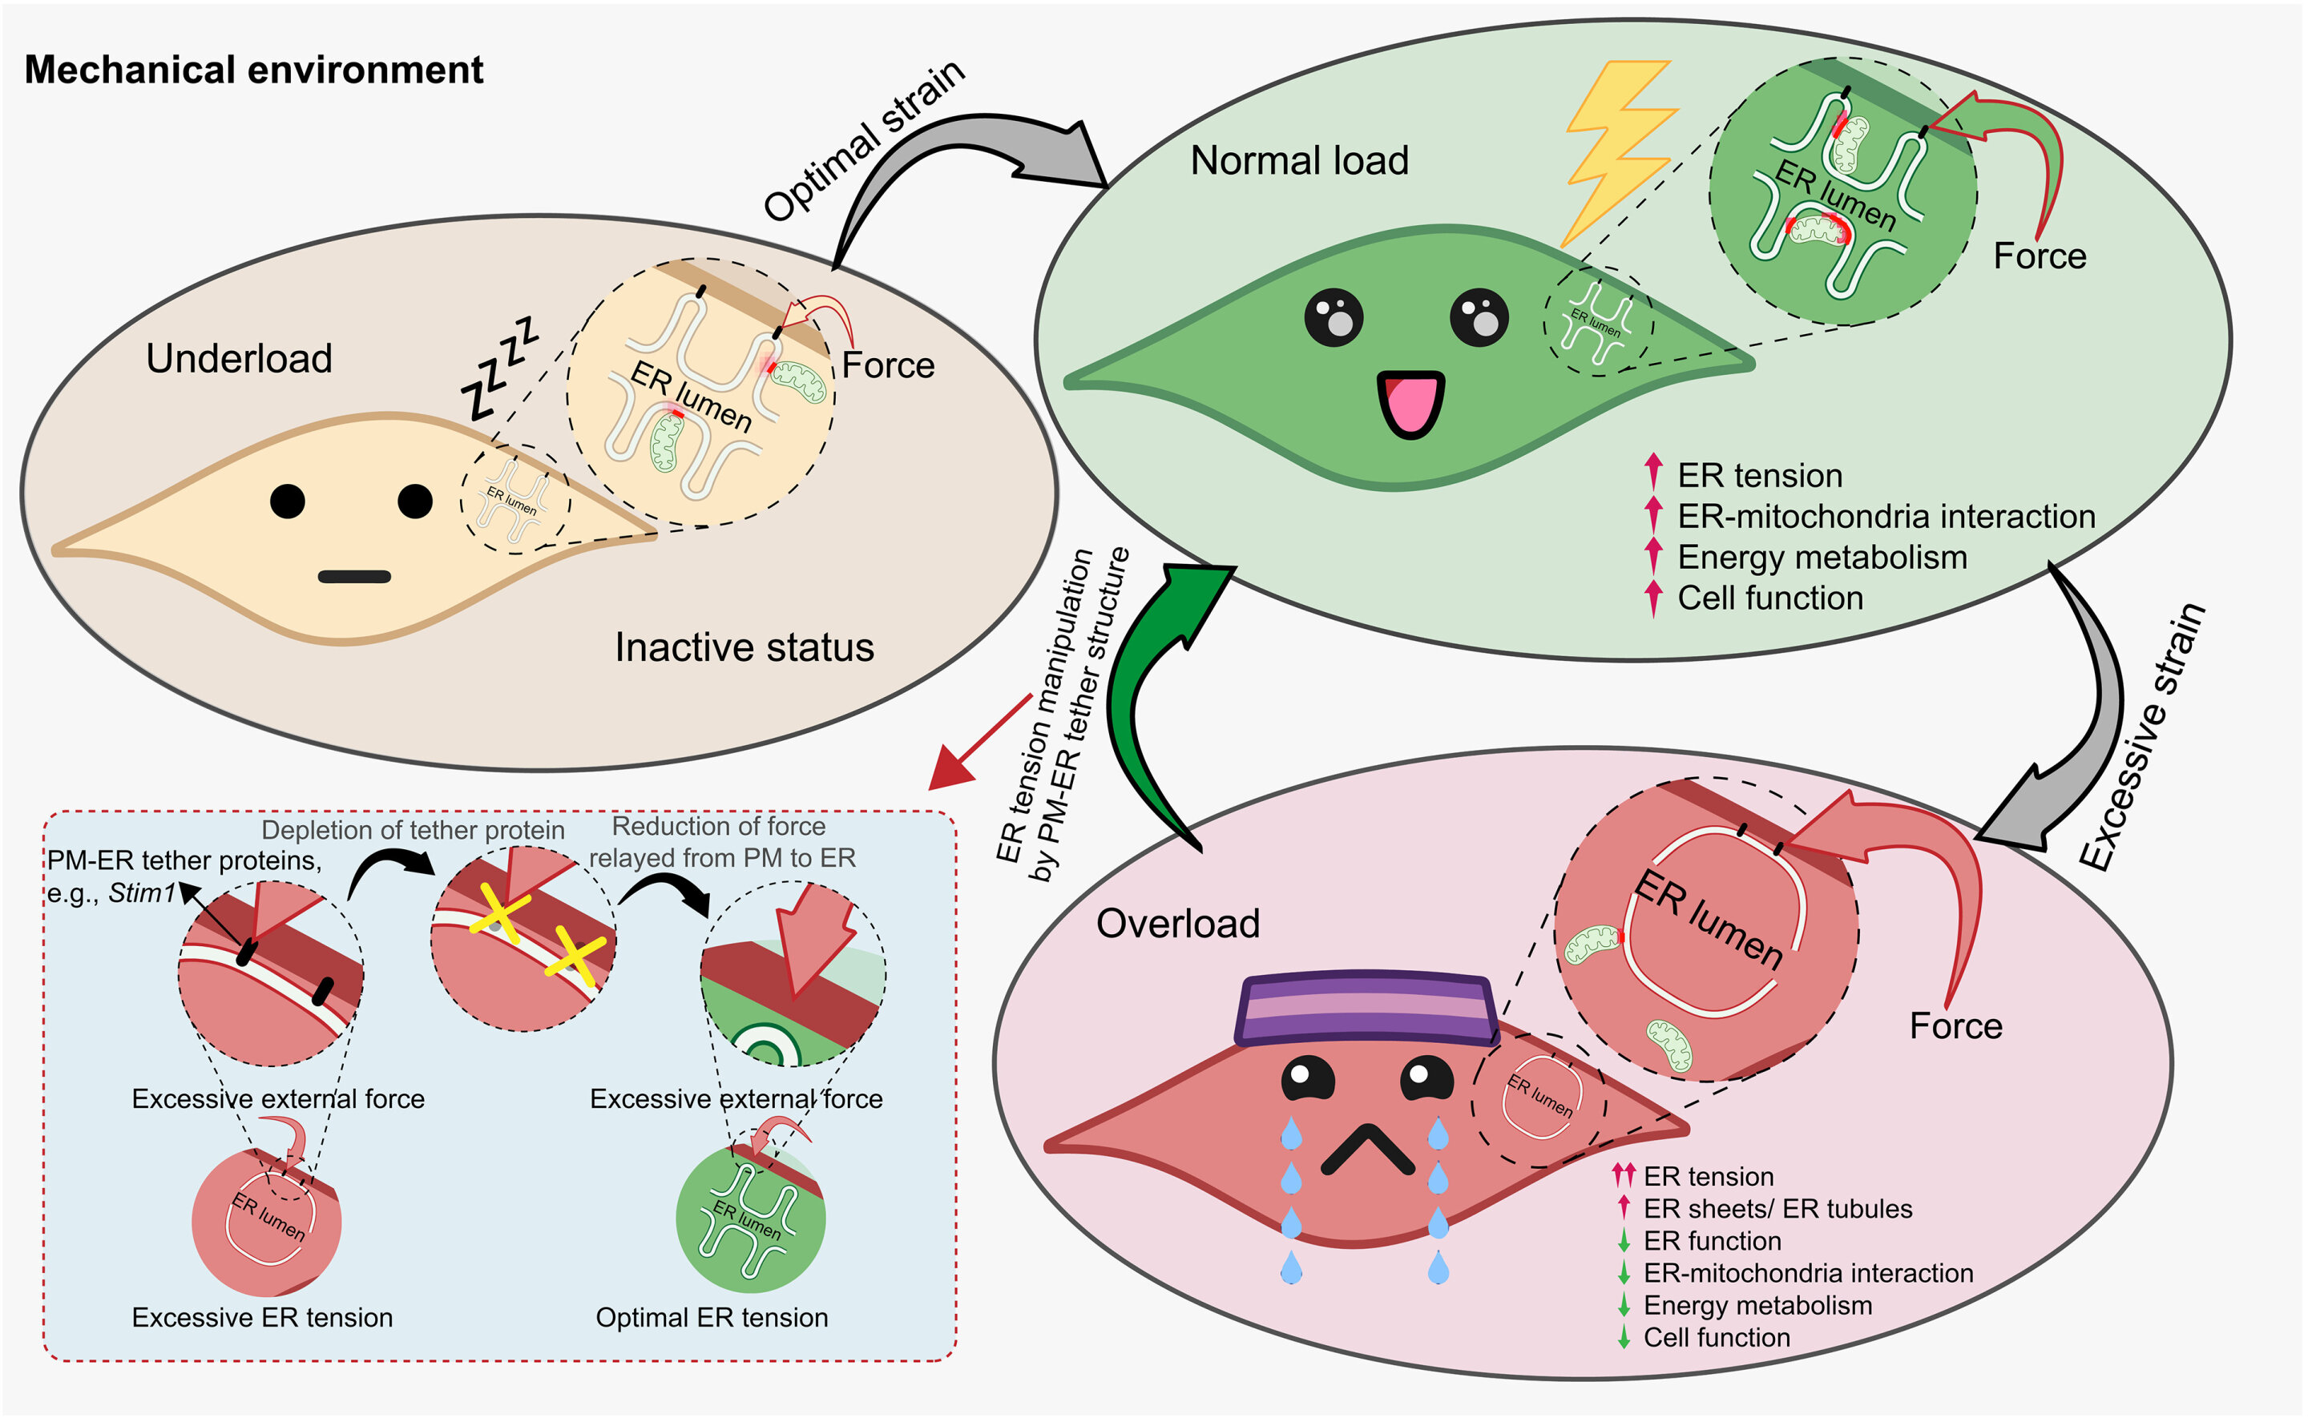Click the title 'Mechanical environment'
253,70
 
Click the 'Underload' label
239,359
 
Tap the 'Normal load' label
1299,161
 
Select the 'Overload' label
1177,924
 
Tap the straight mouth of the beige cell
354,577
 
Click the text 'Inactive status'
744,647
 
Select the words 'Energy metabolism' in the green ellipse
1822,557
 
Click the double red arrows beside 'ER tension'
1624,1174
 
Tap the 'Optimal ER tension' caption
712,1318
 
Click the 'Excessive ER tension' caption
262,1318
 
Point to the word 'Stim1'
141,892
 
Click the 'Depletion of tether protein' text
413,830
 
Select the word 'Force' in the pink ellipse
1955,1026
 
